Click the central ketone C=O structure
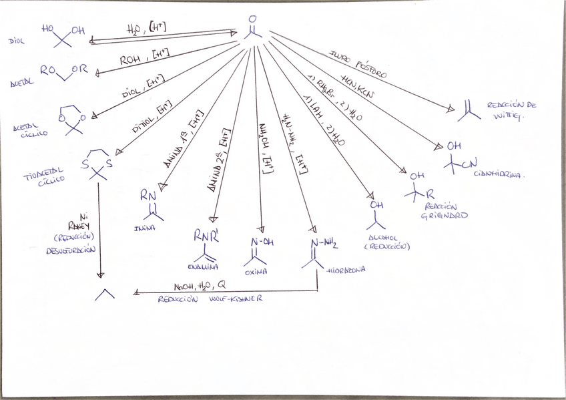click(x=252, y=27)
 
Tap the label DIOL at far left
click(x=16, y=41)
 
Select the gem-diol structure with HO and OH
click(x=63, y=35)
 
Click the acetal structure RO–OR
click(x=63, y=71)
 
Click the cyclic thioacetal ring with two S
click(x=97, y=164)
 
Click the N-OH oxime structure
click(x=262, y=248)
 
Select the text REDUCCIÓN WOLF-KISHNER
click(x=210, y=300)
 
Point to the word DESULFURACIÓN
click(x=71, y=250)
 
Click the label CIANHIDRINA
click(x=499, y=175)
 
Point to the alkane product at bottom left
click(x=104, y=293)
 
